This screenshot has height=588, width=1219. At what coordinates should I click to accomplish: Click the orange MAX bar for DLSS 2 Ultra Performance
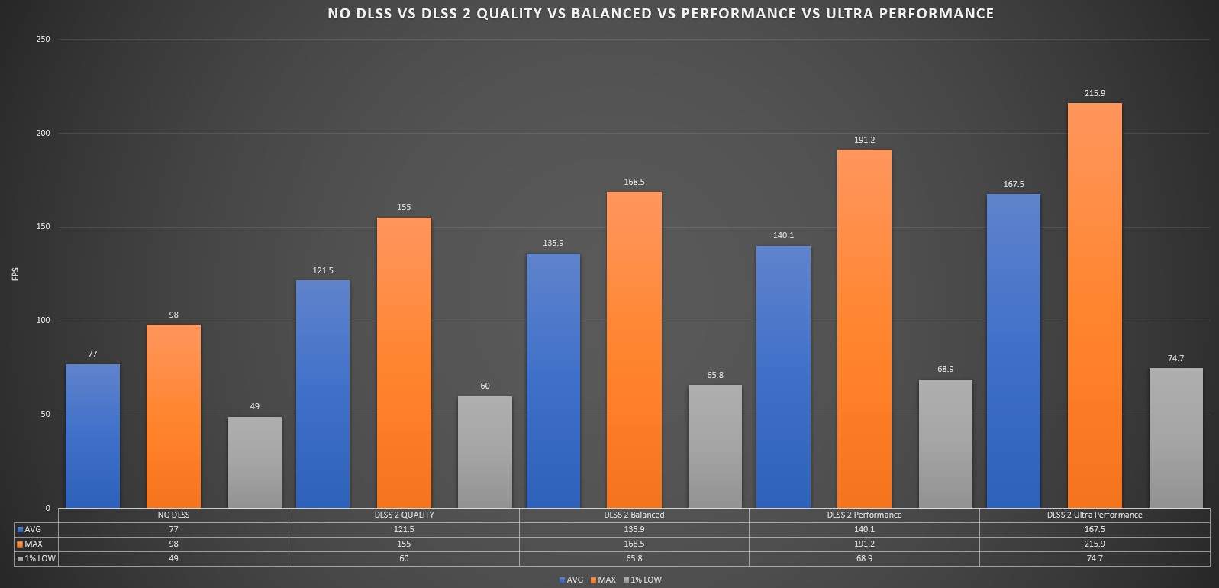coord(1095,305)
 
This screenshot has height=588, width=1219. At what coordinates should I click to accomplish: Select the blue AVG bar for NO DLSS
coord(92,435)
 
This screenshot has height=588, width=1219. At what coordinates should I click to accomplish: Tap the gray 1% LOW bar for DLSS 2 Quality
coord(485,451)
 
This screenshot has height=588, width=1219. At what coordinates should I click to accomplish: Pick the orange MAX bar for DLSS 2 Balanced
coord(634,349)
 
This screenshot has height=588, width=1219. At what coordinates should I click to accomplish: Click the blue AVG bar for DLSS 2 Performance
coord(783,376)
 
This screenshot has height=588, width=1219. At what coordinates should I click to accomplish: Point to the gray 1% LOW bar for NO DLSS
coord(254,462)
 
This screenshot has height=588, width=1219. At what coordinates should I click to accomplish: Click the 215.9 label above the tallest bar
coord(1095,93)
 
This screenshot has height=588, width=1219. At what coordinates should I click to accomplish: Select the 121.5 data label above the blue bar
coord(323,270)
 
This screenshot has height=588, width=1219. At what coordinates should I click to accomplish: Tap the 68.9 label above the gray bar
coord(945,370)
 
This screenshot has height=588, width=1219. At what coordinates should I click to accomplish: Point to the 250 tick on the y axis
coord(43,39)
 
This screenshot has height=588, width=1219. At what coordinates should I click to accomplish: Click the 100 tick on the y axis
coord(43,321)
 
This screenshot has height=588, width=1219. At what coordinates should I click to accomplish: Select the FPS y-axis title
coord(15,273)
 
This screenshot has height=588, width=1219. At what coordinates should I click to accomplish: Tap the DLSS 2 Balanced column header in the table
coord(634,515)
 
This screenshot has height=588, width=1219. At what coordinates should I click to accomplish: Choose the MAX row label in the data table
coord(34,544)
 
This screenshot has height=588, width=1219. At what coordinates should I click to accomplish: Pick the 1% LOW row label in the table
coord(38,558)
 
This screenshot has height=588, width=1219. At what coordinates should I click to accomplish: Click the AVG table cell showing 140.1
coord(864,529)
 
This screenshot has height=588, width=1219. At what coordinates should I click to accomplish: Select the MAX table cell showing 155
coord(404,544)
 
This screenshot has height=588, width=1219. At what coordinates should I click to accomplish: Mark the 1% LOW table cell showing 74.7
coord(1095,558)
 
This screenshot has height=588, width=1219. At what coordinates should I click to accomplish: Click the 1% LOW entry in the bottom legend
coord(646,580)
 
